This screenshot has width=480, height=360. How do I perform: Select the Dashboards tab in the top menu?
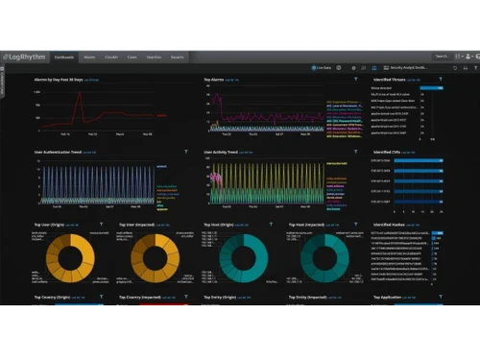click(66, 57)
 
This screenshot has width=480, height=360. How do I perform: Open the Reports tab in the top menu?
click(178, 57)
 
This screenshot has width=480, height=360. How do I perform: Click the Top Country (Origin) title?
click(56, 298)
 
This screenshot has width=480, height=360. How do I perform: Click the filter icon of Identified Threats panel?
click(441, 80)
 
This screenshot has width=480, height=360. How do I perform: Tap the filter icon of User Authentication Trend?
click(185, 151)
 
